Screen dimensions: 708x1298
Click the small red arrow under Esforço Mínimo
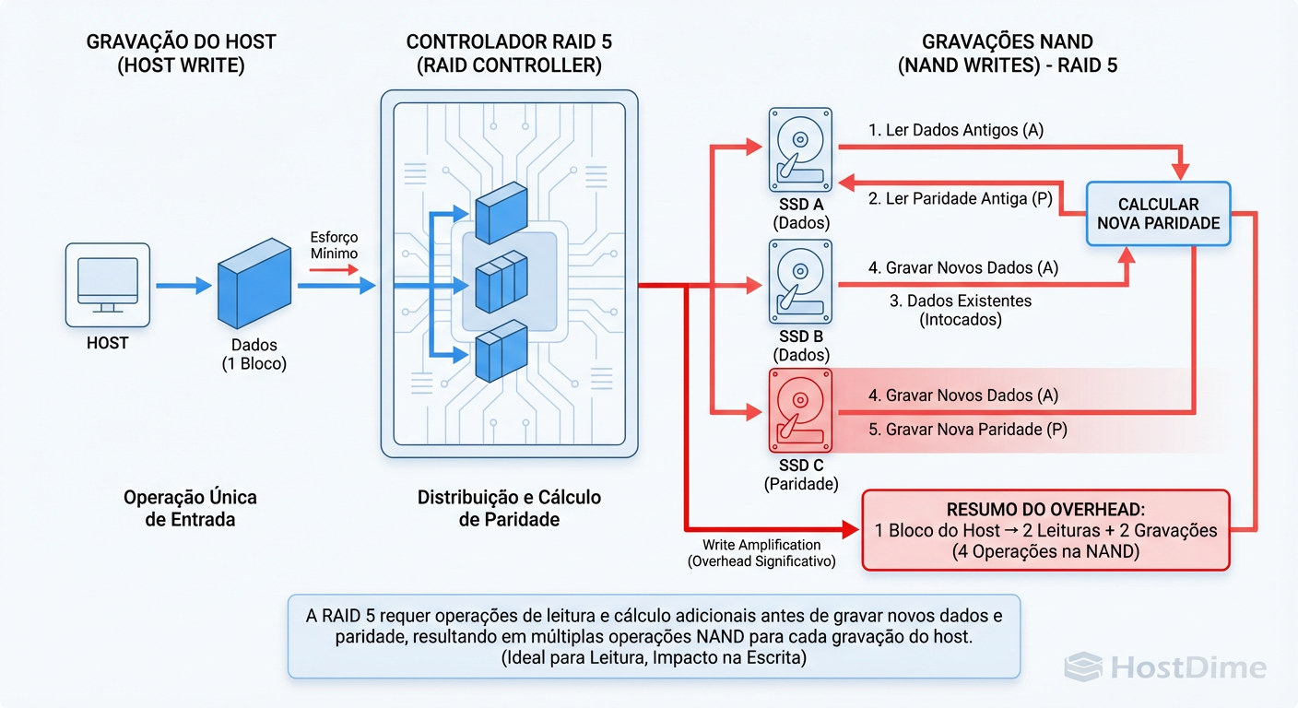(x=333, y=270)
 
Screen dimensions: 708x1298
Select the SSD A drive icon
(x=799, y=147)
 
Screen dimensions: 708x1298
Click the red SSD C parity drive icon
(x=799, y=409)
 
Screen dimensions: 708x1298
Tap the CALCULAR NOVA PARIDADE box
(x=1158, y=214)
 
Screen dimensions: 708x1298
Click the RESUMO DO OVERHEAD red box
(x=1045, y=530)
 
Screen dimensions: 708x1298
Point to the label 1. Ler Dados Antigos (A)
(x=956, y=130)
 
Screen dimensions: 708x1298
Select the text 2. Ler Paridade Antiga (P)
(x=960, y=198)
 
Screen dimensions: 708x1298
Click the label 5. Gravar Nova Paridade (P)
(x=967, y=430)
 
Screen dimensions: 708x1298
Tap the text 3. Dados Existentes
(x=960, y=301)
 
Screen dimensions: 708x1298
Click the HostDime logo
(x=1165, y=667)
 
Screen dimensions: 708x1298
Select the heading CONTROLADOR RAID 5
(x=509, y=42)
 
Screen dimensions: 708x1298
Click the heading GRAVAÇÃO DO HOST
(x=181, y=42)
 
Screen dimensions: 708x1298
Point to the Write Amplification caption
(x=761, y=545)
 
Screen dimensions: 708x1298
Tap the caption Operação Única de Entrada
(x=191, y=508)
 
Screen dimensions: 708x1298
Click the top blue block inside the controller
(x=501, y=208)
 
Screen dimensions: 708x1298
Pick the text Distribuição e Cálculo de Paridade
(x=509, y=508)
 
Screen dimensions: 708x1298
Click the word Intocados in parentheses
(x=960, y=320)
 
